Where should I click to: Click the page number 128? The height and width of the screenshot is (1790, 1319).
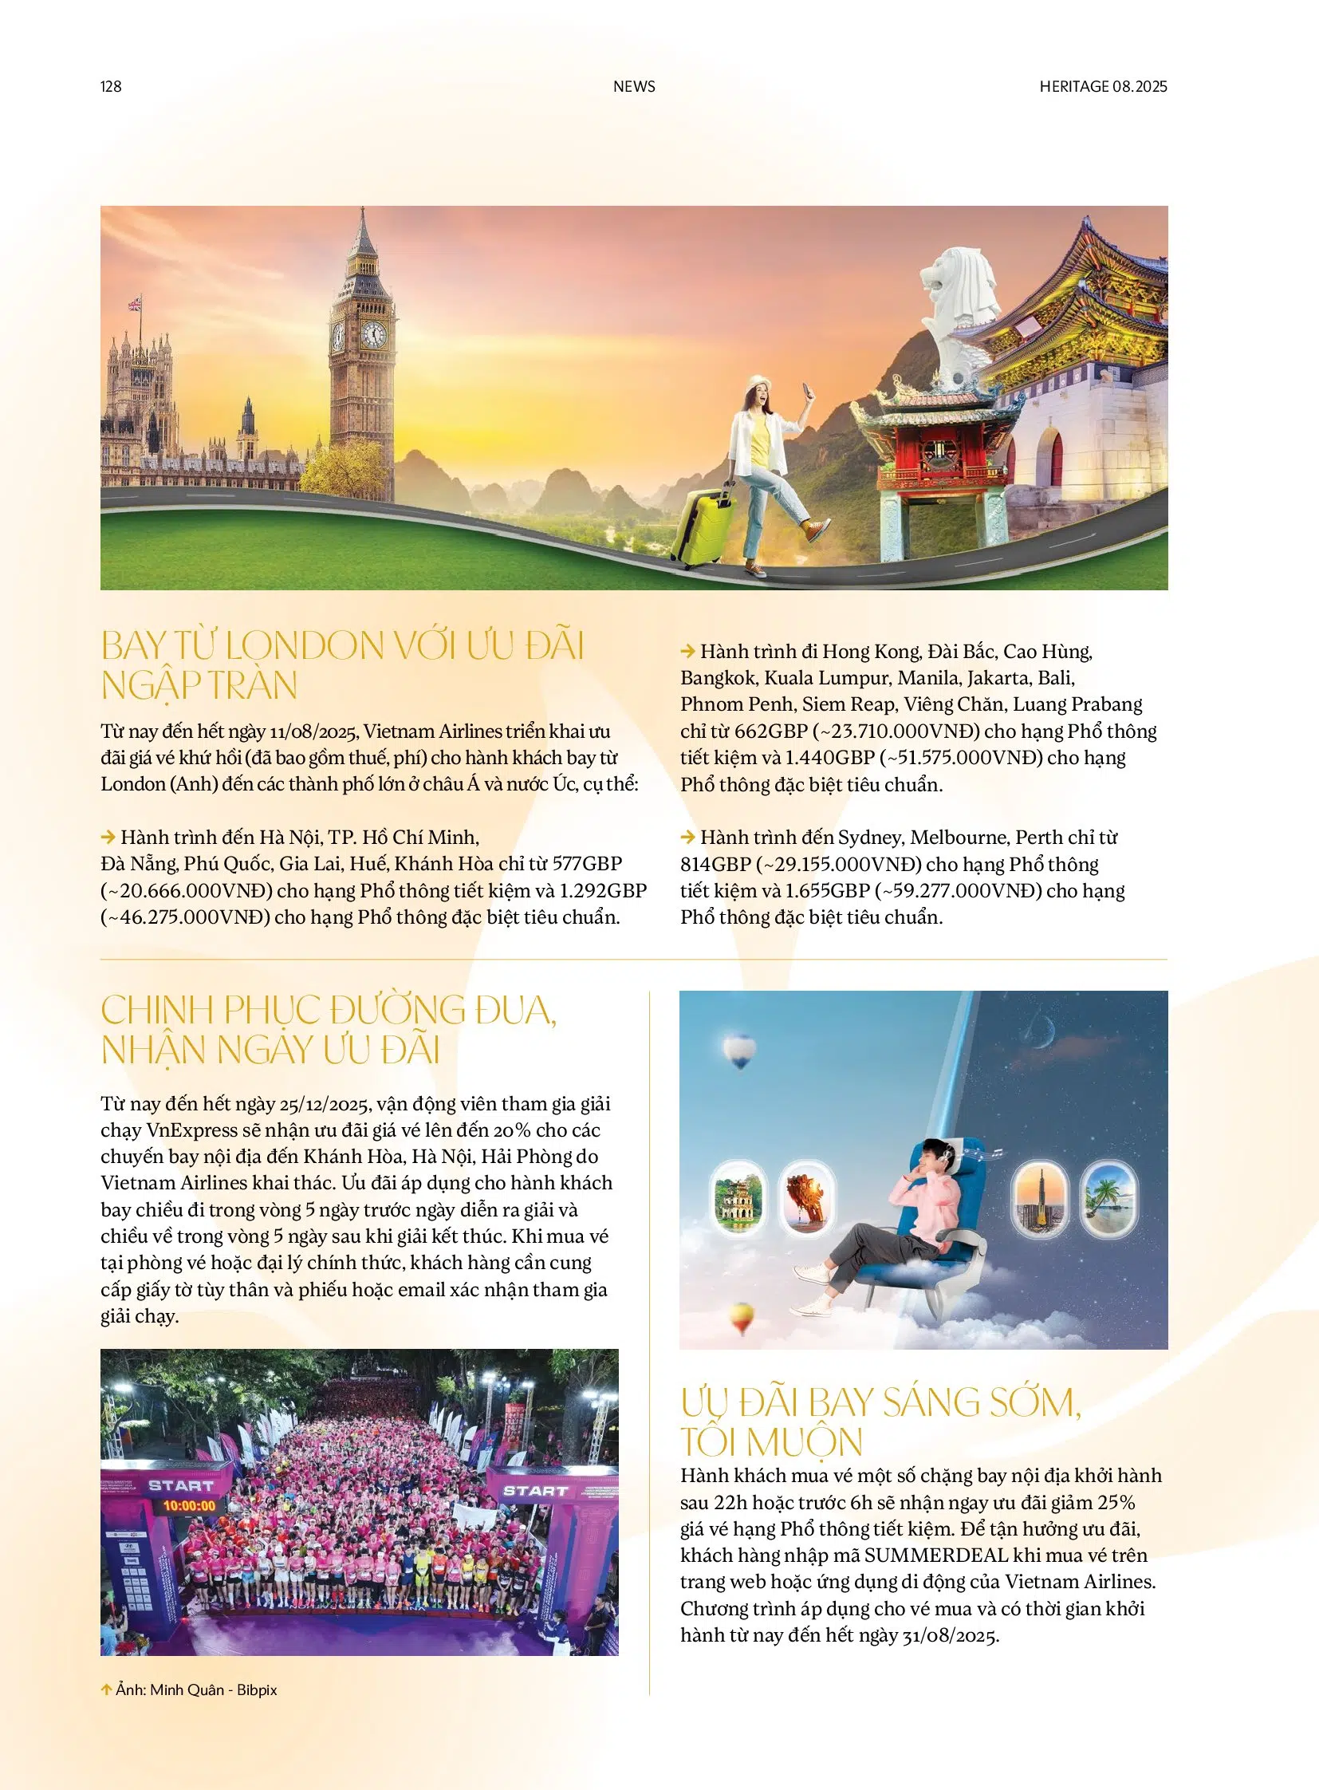pos(111,86)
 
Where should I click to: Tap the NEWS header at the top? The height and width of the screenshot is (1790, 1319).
pos(634,86)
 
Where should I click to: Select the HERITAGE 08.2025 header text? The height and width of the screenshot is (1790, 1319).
pos(1103,86)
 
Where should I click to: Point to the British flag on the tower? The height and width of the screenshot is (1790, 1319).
pos(135,305)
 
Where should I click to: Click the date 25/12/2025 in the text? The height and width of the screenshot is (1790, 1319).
pos(324,1104)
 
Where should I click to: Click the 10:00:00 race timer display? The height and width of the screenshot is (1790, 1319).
pos(189,1506)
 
